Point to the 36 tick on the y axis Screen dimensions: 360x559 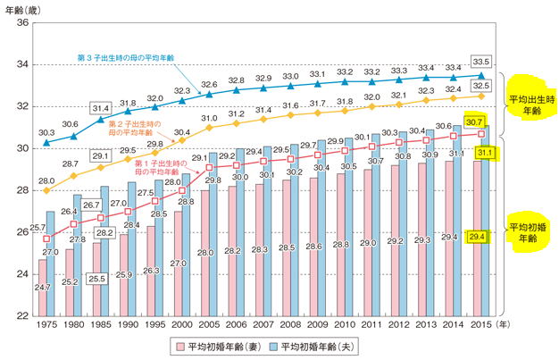coord(22,23)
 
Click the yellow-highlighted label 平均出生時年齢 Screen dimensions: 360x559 coord(529,101)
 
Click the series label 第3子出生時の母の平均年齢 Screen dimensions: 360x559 coord(126,57)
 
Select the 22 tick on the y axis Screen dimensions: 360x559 coord(22,314)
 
